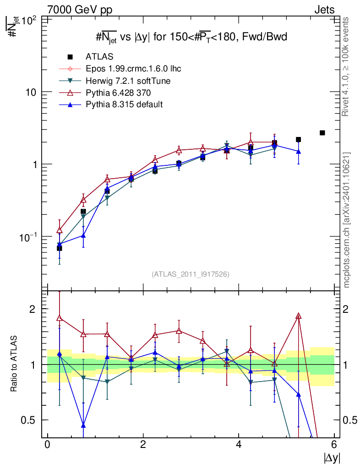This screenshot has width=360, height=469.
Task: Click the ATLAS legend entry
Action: pos(99,57)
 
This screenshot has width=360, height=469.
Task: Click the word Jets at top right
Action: pos(324,10)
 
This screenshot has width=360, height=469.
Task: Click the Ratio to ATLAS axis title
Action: pos(15,364)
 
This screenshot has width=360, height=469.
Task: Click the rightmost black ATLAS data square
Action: pos(322,133)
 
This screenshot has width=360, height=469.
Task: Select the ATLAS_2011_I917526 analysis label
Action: pos(191,274)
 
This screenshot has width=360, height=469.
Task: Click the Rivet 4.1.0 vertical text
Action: pos(346,66)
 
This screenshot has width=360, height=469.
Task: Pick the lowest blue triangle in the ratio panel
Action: pos(83,425)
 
